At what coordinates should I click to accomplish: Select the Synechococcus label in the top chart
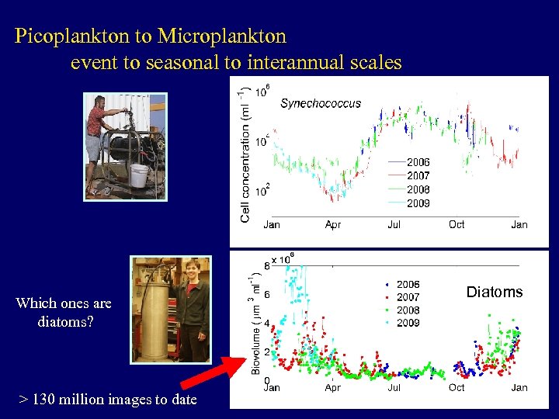pos(321,102)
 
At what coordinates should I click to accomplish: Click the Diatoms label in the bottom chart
pos(495,292)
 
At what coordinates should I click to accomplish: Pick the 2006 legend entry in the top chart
pos(418,162)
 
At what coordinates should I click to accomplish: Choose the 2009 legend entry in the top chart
pos(418,203)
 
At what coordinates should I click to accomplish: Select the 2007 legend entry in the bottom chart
pos(408,297)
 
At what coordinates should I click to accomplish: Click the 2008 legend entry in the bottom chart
pos(408,310)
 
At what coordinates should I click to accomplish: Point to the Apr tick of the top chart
pos(333,224)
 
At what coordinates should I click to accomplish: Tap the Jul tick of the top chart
pos(394,224)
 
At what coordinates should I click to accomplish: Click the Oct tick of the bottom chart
pos(457,387)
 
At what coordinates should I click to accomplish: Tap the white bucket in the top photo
pos(139,175)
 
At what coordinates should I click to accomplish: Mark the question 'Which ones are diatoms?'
pos(64,312)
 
